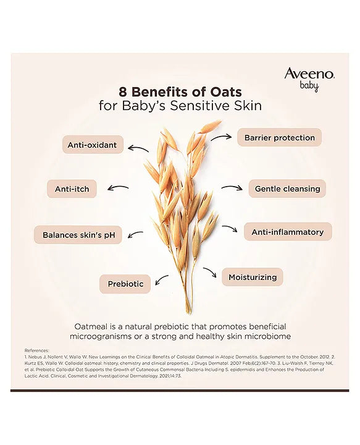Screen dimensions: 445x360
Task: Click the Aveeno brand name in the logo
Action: (x=309, y=74)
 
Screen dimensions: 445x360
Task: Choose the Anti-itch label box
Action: (x=72, y=189)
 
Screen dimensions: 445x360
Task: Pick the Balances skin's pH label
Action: (x=78, y=235)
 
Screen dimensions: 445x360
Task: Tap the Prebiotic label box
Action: (x=125, y=284)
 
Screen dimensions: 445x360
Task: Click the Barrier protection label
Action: (x=279, y=137)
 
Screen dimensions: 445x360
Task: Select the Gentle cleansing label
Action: (x=287, y=189)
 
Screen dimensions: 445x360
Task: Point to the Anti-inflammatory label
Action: (x=287, y=232)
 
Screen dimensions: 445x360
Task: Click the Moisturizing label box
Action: (x=252, y=277)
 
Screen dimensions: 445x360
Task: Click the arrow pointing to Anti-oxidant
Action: (x=138, y=148)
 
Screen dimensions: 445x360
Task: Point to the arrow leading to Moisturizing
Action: (x=209, y=272)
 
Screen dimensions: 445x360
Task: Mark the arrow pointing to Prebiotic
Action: (x=162, y=279)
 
